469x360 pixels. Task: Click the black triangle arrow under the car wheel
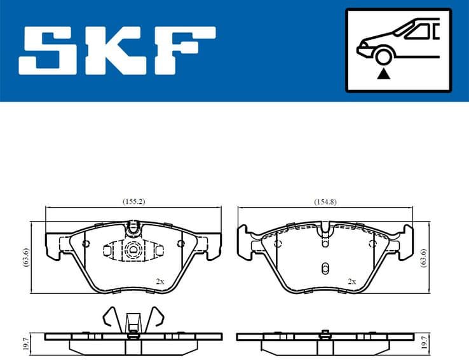pyautogui.click(x=383, y=75)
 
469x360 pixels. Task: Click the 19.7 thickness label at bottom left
pyautogui.click(x=26, y=343)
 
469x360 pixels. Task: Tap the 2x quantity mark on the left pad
pyautogui.click(x=160, y=281)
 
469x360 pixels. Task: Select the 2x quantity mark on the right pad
pyautogui.click(x=351, y=281)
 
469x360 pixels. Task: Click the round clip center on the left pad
pyautogui.click(x=133, y=250)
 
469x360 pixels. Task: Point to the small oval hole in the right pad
pyautogui.click(x=325, y=267)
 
